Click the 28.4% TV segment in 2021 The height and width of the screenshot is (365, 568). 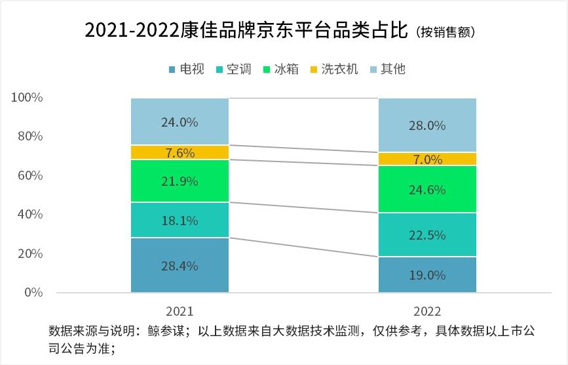pyautogui.click(x=180, y=265)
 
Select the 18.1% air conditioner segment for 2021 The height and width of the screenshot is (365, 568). pyautogui.click(x=180, y=220)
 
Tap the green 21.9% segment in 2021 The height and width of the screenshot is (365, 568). pyautogui.click(x=180, y=181)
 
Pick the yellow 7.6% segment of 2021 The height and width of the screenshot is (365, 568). pyautogui.click(x=180, y=152)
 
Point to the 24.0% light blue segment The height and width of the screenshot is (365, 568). pyautogui.click(x=180, y=121)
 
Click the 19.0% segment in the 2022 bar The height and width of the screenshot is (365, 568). pyautogui.click(x=427, y=274)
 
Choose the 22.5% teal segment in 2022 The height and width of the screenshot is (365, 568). pyautogui.click(x=427, y=234)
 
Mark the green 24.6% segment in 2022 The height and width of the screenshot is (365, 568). pyautogui.click(x=427, y=189)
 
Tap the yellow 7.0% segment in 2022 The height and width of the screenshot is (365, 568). pyautogui.click(x=427, y=159)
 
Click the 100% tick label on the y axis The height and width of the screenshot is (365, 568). pyautogui.click(x=27, y=98)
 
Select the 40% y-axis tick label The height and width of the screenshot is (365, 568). pyautogui.click(x=29, y=215)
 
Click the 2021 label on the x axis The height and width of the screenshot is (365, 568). pyautogui.click(x=180, y=311)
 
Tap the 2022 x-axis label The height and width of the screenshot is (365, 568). pyautogui.click(x=427, y=311)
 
